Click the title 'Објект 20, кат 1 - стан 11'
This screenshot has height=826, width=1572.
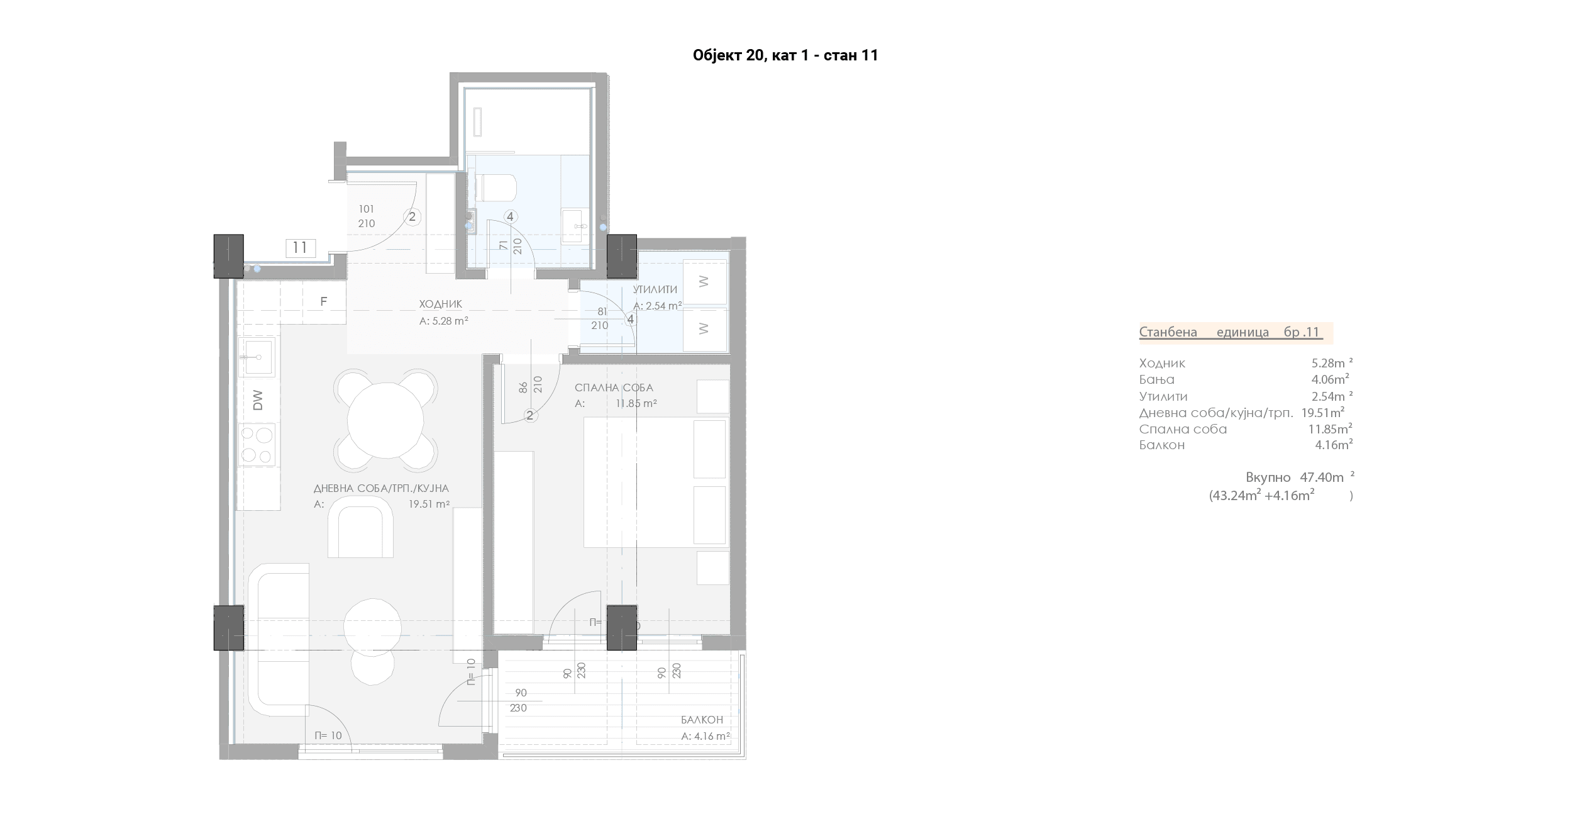[785, 55]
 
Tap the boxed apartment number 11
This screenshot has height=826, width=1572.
[300, 248]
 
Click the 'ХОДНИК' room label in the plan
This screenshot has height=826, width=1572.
[441, 304]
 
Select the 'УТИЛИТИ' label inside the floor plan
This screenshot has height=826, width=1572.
[655, 289]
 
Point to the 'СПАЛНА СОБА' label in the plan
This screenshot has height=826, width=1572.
[614, 388]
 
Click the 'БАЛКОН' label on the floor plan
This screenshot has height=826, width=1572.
[702, 720]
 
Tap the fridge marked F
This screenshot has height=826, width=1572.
[324, 302]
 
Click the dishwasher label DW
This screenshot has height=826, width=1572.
[258, 401]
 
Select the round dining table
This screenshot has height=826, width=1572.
[385, 420]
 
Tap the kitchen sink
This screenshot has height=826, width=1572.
[257, 357]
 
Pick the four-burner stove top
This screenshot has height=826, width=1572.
[257, 445]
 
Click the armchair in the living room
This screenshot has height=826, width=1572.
[360, 527]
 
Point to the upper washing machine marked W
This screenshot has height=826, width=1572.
[704, 282]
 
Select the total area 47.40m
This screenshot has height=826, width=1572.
[1322, 477]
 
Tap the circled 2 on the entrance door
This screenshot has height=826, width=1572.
[412, 217]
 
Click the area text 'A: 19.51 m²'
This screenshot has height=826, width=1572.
[382, 504]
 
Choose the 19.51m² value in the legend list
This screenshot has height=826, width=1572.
[1323, 413]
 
